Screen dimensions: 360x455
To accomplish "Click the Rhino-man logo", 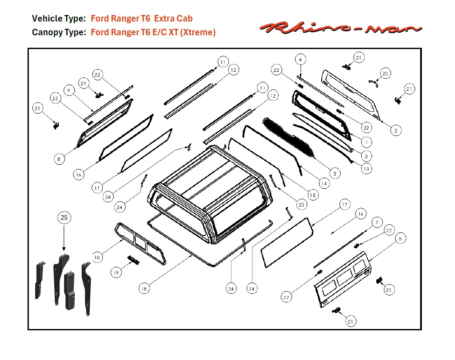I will click(340, 28).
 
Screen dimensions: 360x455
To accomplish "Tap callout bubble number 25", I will click(64, 218).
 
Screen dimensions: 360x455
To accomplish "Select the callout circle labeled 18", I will click(145, 289).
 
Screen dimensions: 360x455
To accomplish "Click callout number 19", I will click(116, 272).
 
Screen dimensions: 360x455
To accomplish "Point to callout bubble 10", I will click(98, 257).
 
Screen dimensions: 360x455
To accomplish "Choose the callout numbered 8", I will click(59, 159).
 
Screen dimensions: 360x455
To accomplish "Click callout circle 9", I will click(68, 90).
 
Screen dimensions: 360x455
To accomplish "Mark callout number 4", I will click(300, 59).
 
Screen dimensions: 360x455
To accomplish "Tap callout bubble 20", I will click(385, 74).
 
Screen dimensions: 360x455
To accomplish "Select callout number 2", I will click(396, 130).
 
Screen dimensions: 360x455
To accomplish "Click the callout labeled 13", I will click(366, 169).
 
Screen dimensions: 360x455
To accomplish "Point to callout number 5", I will click(335, 173).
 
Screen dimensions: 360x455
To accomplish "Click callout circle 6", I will click(400, 238).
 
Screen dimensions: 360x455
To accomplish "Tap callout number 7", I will click(376, 222).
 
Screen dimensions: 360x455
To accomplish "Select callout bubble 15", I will click(313, 195).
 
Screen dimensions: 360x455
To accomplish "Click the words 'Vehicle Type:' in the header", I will click(59, 19).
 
